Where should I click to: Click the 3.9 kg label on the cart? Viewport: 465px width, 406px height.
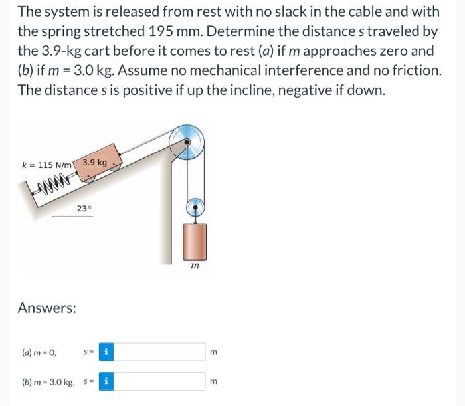(x=94, y=162)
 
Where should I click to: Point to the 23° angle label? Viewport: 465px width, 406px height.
(x=84, y=208)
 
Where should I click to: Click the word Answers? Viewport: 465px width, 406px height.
(x=46, y=308)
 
